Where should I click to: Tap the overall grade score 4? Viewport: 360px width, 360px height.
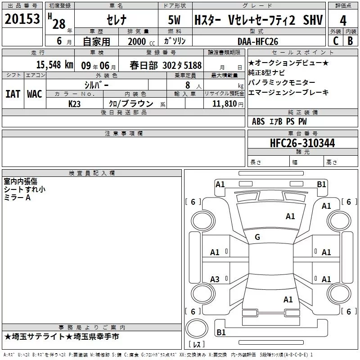tap(343, 21)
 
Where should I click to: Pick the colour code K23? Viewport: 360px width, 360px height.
tap(74, 103)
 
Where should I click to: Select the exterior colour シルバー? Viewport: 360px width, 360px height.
tap(96, 85)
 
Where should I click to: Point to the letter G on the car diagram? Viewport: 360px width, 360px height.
tap(257, 237)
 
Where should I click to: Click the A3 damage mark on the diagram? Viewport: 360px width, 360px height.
tap(215, 279)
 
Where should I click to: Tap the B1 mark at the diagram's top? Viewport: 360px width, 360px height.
tap(321, 184)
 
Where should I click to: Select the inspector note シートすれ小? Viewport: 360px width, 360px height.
tap(24, 189)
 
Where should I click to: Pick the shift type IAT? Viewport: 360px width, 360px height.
tap(12, 94)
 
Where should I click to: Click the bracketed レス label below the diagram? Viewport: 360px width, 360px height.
tap(196, 345)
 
